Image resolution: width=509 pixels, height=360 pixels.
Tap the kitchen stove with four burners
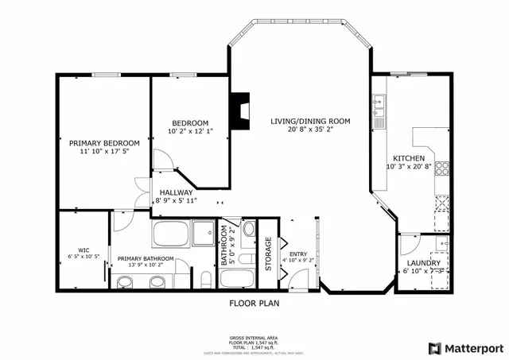[442, 168]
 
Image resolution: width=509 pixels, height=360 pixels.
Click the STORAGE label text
[269, 254]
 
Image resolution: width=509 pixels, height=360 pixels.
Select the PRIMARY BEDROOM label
[103, 143]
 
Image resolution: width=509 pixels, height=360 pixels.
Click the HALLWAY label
[176, 192]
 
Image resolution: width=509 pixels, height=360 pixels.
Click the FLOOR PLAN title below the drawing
[254, 303]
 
